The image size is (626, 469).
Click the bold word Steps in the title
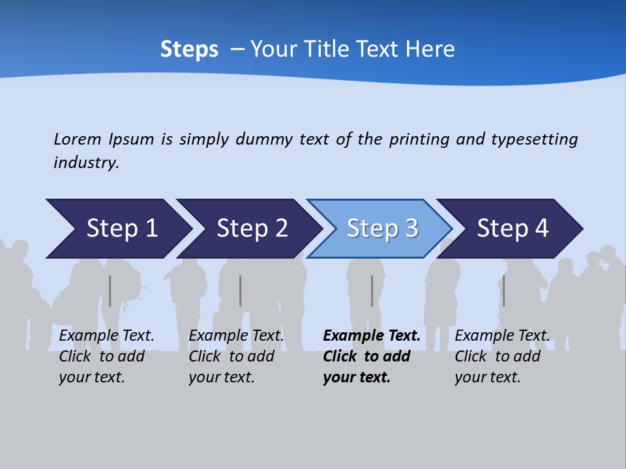pos(189,50)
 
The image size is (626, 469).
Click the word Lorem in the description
pos(78,139)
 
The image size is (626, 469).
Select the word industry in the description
pos(86,162)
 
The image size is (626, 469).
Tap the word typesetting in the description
pos(534,139)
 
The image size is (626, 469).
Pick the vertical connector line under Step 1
pos(110,291)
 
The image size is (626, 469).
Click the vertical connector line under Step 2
pos(241,291)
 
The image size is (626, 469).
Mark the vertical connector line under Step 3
pos(372,291)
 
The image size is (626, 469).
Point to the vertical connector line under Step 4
pos(503,291)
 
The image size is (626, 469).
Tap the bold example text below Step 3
pos(371,356)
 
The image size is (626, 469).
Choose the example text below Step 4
pos(501,356)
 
